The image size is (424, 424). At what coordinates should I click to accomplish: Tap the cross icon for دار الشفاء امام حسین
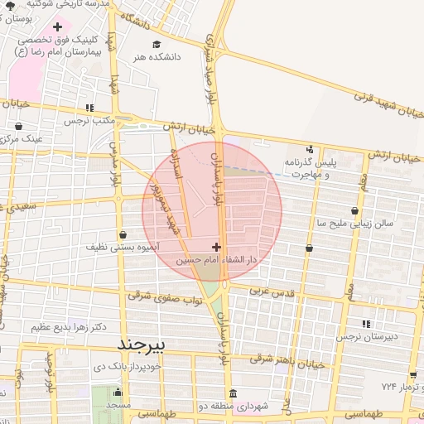217,247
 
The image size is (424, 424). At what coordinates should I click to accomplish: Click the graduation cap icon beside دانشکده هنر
155,44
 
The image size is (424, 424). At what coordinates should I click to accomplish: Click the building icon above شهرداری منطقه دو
233,393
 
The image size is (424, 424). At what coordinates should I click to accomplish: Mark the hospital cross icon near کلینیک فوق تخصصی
57,26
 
